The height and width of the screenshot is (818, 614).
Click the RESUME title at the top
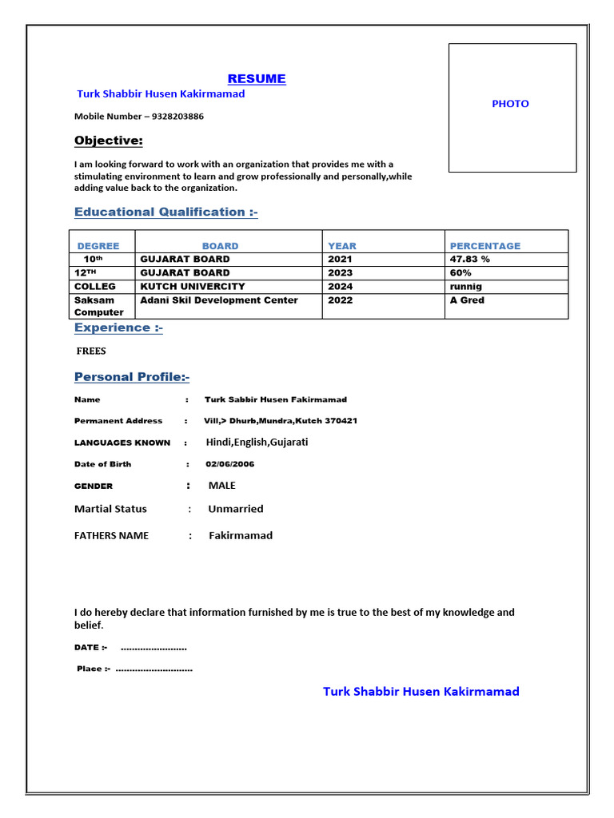[x=257, y=78]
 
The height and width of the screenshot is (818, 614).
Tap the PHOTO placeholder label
[x=510, y=104]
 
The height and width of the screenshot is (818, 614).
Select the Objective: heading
[x=109, y=141]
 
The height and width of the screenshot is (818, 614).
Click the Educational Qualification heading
[x=166, y=212]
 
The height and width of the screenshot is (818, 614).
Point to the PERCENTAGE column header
[x=485, y=246]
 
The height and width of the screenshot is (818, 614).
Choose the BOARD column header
[x=220, y=246]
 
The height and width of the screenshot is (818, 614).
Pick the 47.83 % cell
[x=470, y=259]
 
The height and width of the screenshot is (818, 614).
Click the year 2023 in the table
[x=340, y=272]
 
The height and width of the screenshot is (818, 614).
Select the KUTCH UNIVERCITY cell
[x=193, y=286]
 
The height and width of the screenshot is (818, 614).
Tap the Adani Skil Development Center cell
[x=219, y=300]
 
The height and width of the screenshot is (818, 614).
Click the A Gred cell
[x=467, y=300]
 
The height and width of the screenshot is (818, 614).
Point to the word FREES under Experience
[x=91, y=351]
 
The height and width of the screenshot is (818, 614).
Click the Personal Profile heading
[x=132, y=377]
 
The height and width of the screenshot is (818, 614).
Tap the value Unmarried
[x=235, y=509]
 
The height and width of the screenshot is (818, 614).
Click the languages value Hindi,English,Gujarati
[x=257, y=442]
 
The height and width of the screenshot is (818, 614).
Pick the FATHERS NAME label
[x=111, y=535]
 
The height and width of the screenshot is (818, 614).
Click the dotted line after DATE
[x=153, y=648]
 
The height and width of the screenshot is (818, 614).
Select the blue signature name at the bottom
[x=421, y=691]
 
